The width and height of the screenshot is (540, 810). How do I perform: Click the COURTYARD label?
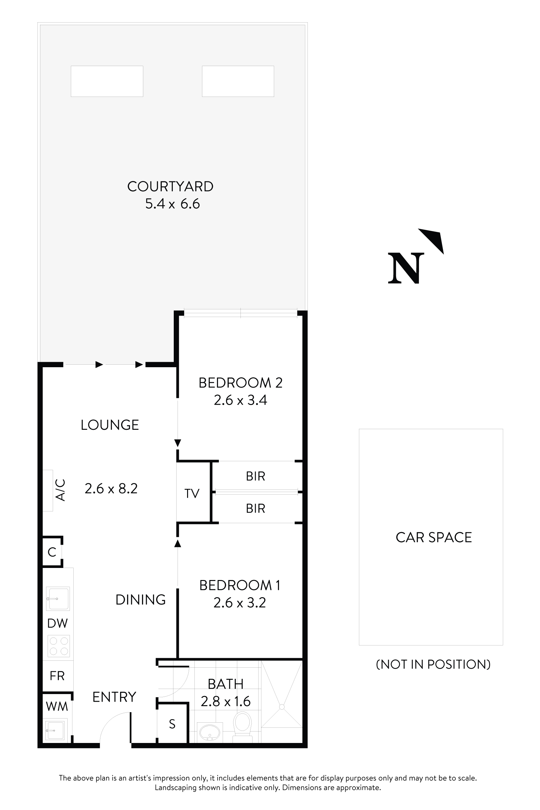click(170, 187)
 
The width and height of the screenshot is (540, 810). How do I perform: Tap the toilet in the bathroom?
click(242, 726)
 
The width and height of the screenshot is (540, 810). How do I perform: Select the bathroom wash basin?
click(209, 732)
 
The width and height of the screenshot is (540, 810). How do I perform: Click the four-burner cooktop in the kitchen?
click(58, 646)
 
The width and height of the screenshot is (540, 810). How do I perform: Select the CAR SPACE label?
click(434, 537)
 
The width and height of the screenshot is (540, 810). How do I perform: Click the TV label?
click(192, 494)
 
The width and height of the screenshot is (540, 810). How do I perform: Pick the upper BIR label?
click(255, 476)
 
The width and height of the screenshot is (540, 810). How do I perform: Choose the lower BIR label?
click(255, 508)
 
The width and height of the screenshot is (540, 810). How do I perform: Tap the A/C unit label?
click(60, 490)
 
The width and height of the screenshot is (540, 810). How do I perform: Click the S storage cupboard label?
click(172, 724)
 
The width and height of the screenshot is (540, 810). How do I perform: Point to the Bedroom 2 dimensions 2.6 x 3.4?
click(240, 400)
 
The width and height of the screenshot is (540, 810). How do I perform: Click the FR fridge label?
click(57, 676)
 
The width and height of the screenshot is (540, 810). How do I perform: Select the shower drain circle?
click(282, 707)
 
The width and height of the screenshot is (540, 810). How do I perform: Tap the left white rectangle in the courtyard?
click(107, 81)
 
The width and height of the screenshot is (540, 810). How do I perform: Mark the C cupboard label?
click(52, 552)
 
